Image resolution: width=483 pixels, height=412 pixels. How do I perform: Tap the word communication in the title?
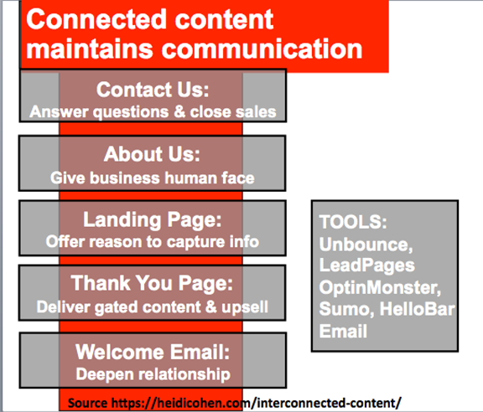pos(262,49)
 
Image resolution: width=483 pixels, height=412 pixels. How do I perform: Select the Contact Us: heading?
pos(153,90)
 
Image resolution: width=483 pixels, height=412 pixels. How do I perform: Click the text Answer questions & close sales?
pos(153,111)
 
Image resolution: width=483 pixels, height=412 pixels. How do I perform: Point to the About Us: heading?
pos(152,154)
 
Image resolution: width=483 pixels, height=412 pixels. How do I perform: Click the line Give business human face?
pos(153,178)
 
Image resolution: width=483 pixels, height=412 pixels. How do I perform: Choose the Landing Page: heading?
pos(152,219)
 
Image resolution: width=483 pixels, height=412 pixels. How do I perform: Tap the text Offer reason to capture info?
pos(152,241)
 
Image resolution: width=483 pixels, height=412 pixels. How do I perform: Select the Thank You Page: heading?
pos(152,283)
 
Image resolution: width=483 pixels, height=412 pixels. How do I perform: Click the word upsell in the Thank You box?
pos(245,307)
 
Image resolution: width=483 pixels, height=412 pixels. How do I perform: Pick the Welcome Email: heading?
pos(153,352)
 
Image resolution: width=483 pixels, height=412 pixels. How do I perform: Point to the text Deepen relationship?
pos(153,374)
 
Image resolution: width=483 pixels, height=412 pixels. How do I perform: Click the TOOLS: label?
pos(353,222)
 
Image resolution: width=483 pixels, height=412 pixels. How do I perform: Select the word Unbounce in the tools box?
pos(365,245)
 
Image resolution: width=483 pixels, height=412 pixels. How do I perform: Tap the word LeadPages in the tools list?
pos(367,265)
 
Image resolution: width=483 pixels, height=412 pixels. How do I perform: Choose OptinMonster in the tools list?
pos(378,288)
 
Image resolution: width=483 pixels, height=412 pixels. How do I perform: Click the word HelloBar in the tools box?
pos(417,309)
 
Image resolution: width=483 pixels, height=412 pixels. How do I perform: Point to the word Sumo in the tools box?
pos(345,309)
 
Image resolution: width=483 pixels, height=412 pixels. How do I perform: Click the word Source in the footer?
pos(87,403)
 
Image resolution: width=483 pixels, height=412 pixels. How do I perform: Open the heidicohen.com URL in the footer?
pos(256,403)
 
